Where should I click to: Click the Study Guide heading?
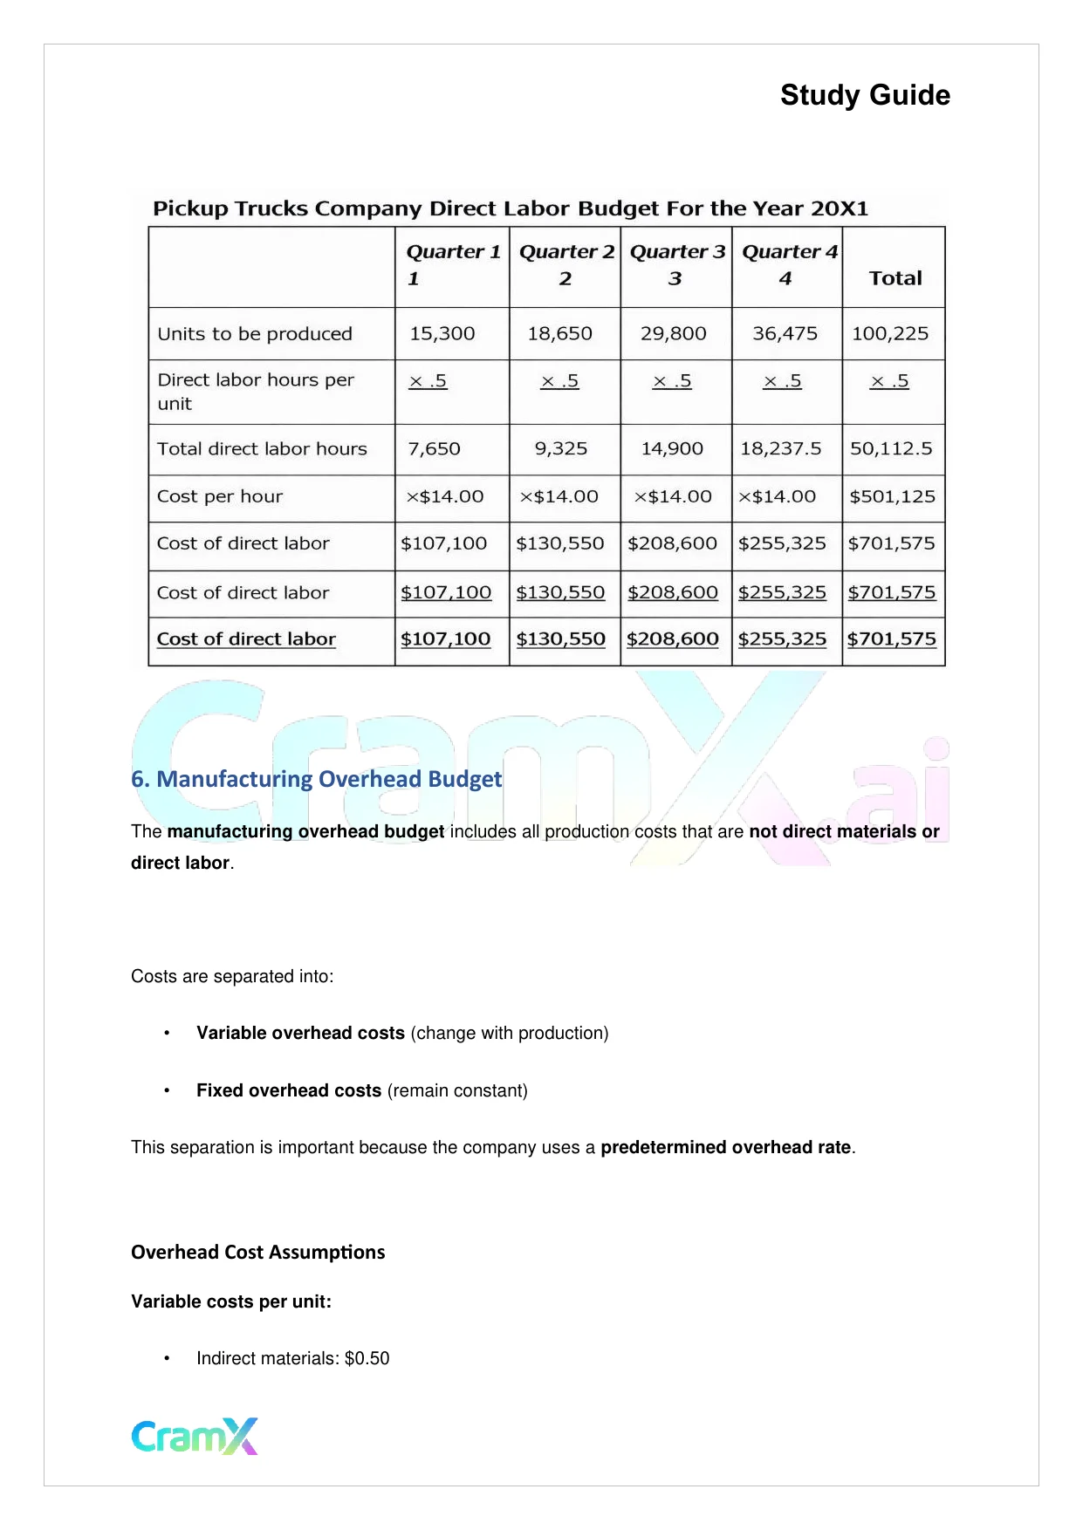(x=865, y=95)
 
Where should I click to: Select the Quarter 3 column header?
(x=676, y=264)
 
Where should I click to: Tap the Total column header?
(x=895, y=278)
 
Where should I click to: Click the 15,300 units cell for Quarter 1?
(x=442, y=334)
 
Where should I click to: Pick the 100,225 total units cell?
(x=890, y=334)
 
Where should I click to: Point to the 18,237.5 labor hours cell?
(x=781, y=449)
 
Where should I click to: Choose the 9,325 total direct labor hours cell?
(x=561, y=449)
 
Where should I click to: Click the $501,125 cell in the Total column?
(x=892, y=497)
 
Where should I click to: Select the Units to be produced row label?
(x=255, y=334)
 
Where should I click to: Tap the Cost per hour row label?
(x=220, y=497)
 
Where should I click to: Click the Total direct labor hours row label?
(x=262, y=449)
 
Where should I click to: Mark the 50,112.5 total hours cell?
(x=891, y=449)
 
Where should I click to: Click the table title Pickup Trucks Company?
(x=511, y=209)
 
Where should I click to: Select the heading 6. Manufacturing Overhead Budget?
(x=316, y=779)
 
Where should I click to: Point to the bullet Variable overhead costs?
(x=300, y=1034)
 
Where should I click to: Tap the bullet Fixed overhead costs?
(x=289, y=1091)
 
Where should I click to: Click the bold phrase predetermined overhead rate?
(x=725, y=1148)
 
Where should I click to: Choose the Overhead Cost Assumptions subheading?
(x=257, y=1253)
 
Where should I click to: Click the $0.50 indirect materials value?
(x=367, y=1359)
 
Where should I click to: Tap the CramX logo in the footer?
(x=195, y=1437)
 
